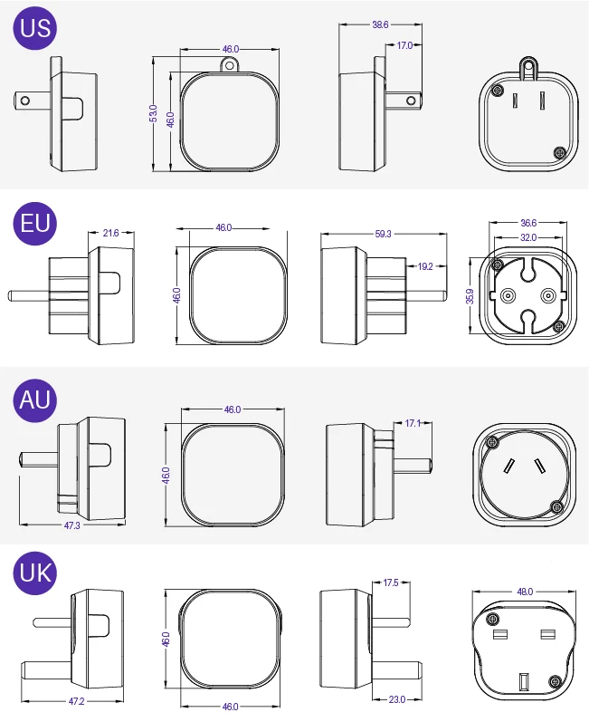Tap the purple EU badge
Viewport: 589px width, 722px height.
35,222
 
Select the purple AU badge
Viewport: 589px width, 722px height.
35,398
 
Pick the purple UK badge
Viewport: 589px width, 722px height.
35,572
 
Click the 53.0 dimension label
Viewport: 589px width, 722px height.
154,113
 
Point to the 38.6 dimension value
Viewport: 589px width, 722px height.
380,25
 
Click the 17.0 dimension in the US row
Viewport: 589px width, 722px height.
404,44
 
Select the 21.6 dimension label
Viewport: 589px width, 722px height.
110,233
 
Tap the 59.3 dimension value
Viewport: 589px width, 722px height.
384,234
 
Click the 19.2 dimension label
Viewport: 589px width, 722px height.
426,266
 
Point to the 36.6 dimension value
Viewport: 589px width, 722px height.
528,222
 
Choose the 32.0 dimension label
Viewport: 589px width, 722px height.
528,237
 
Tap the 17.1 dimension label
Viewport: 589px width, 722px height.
412,422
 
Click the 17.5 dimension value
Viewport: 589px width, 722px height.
391,582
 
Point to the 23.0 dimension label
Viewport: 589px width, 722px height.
395,698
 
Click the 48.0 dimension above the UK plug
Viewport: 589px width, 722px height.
525,592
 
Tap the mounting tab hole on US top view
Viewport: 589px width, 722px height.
231,65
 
